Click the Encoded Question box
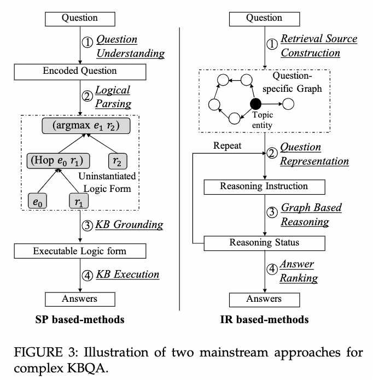coord(80,71)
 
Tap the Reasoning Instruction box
coord(264,187)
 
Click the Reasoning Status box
coord(264,242)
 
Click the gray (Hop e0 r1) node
coord(58,160)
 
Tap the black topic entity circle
coord(254,103)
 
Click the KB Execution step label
coord(128,274)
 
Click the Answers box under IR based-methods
coord(264,299)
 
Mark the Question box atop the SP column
coord(80,17)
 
